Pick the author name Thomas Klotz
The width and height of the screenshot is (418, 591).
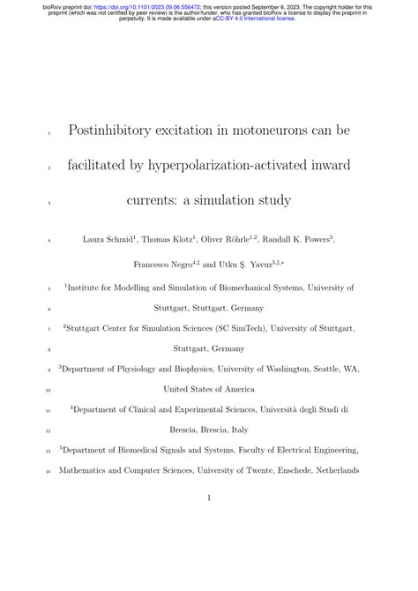172,240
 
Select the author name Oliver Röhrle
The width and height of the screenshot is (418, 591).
232,240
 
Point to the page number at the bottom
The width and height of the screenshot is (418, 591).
208,498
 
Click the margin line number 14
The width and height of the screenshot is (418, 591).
49,471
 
